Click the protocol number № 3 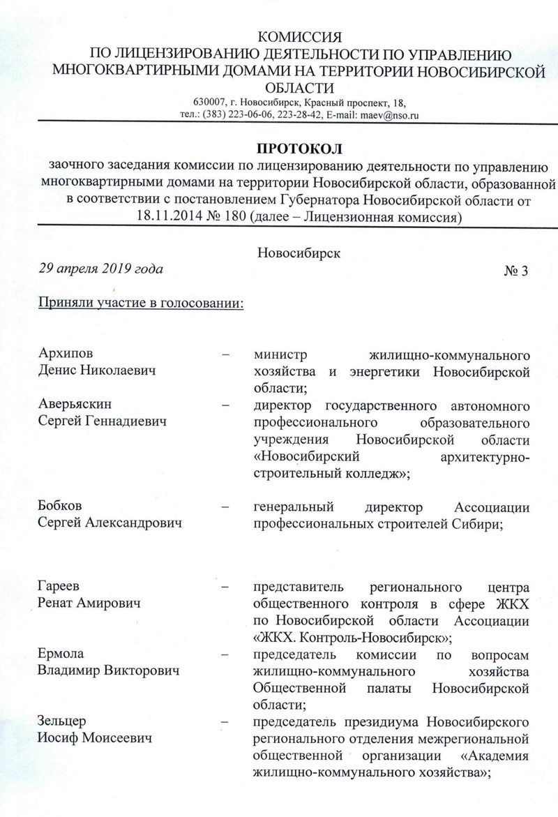pyautogui.click(x=515, y=271)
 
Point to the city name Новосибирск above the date pyautogui.click(x=299, y=253)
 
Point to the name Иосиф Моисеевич pyautogui.click(x=96, y=737)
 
